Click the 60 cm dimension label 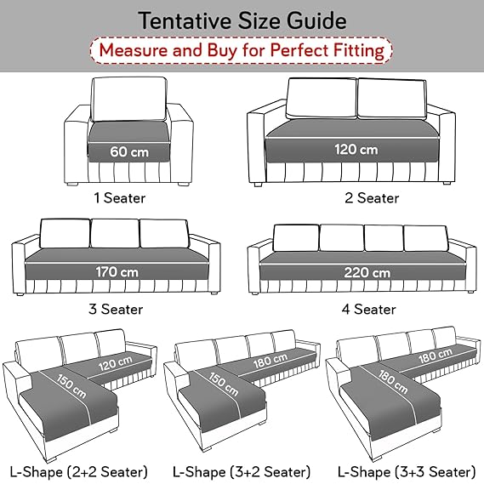pos(129,152)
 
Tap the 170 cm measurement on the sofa pos(117,272)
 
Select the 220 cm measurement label pos(367,272)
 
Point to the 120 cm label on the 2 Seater pos(356,150)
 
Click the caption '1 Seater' pos(120,198)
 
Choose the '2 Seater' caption pos(372,198)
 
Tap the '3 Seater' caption pos(116,309)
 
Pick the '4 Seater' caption pos(368,309)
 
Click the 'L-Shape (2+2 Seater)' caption pos(79,472)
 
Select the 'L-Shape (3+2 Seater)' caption pos(242,472)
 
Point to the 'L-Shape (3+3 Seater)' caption pos(407,472)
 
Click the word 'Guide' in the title pos(316,20)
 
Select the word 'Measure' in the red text pos(134,50)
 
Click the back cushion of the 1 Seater pos(129,99)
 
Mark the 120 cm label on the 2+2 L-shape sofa pos(116,362)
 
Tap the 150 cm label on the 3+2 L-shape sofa pos(224,384)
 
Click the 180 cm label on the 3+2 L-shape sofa pos(270,361)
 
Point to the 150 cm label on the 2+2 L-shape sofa pos(71,386)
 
